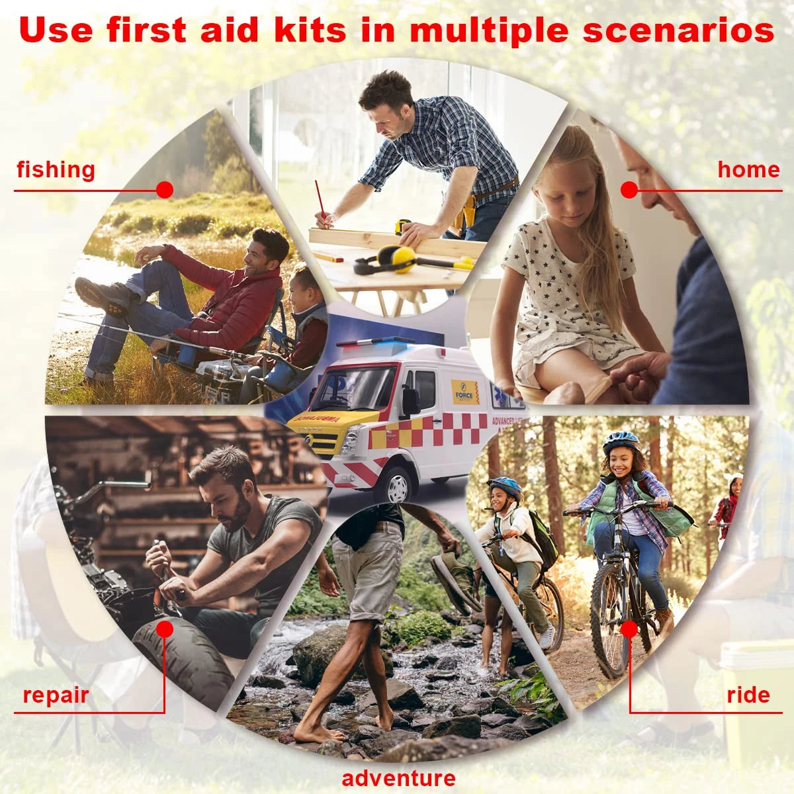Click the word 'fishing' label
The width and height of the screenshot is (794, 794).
(x=56, y=170)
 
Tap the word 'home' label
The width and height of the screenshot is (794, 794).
(x=748, y=170)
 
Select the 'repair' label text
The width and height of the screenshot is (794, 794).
(x=56, y=695)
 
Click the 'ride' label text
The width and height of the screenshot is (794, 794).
(x=748, y=695)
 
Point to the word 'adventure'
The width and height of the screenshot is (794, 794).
(x=398, y=778)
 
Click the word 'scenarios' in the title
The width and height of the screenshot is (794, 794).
(x=678, y=30)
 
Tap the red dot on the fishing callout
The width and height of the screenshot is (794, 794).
(x=165, y=190)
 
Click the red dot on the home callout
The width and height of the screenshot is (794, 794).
(x=629, y=190)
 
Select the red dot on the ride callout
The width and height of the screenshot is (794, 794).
(x=629, y=628)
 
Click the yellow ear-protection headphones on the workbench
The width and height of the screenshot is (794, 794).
(x=390, y=259)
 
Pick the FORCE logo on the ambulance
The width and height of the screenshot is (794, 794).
(x=465, y=392)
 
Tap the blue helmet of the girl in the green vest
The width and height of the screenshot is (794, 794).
(x=620, y=440)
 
